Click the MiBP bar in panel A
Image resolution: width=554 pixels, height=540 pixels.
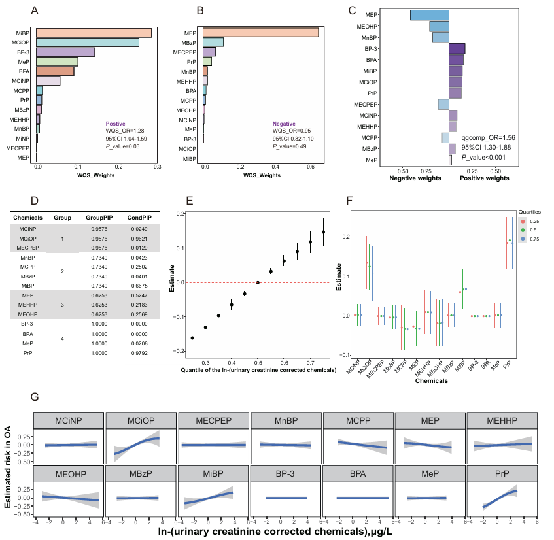tap(94, 33)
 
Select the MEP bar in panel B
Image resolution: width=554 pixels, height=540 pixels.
tap(260, 33)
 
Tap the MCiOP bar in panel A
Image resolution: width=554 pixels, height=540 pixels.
tap(88, 42)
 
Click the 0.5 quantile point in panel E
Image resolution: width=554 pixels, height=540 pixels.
tap(258, 282)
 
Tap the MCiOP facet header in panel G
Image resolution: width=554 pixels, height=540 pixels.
tap(141, 421)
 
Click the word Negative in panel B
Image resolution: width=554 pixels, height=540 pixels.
tap(285, 122)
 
